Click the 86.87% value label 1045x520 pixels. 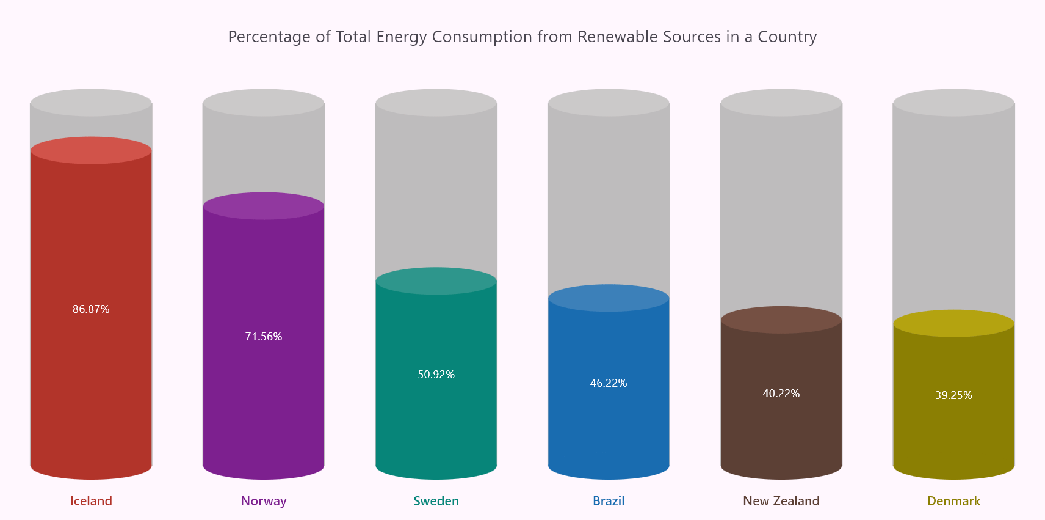point(91,309)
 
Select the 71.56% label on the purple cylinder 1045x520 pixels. point(264,337)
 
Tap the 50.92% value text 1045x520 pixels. point(436,375)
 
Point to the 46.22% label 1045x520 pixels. point(609,383)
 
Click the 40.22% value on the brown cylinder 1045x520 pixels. point(781,394)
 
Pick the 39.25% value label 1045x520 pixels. point(953,395)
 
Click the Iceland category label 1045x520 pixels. point(91,501)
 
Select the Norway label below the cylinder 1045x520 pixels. point(264,501)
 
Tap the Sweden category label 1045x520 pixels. point(436,501)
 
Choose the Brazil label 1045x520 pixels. point(609,501)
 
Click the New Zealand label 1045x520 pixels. point(781,501)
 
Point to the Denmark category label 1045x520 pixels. point(953,501)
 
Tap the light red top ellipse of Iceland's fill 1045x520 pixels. point(91,150)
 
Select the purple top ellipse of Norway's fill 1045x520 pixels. point(264,206)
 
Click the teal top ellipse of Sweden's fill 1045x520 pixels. point(436,281)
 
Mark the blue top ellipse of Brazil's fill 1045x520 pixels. point(609,298)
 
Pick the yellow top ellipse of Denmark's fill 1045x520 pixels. point(953,323)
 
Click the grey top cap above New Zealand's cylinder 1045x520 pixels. point(781,103)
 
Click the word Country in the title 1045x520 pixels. point(787,37)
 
